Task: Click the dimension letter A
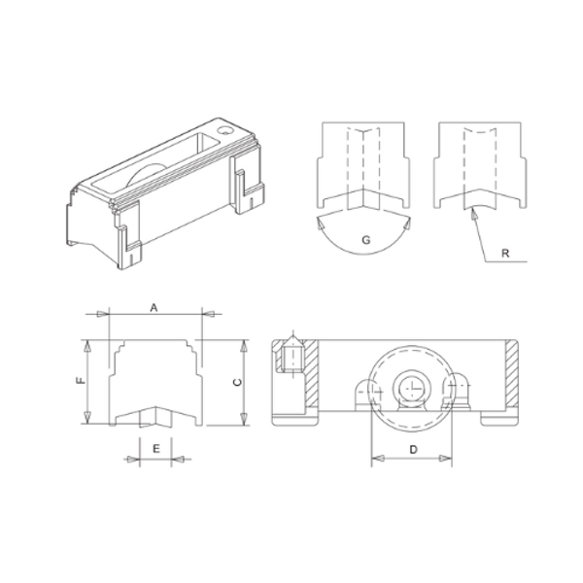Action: point(154,307)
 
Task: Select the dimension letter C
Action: point(236,383)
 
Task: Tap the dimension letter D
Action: point(412,448)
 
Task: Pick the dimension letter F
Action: point(80,382)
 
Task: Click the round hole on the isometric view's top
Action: point(226,128)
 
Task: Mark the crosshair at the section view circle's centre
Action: point(412,387)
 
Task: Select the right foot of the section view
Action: point(503,418)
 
